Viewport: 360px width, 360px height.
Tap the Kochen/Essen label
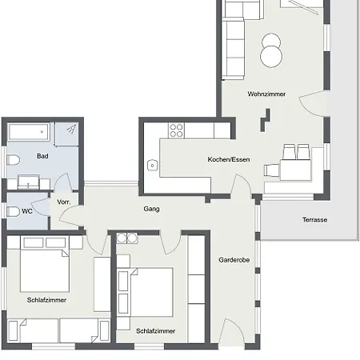point(229,159)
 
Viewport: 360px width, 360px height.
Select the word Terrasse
point(314,220)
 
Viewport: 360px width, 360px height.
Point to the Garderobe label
point(234,260)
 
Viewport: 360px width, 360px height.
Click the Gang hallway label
point(152,209)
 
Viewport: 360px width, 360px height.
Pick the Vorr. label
point(64,202)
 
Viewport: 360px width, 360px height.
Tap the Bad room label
point(42,156)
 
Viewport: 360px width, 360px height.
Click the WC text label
point(27,212)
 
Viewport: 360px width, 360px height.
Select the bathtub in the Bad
point(30,130)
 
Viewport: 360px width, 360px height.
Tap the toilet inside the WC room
point(12,212)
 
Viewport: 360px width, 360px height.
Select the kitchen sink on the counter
point(152,166)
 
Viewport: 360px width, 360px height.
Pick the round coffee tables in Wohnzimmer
point(271,50)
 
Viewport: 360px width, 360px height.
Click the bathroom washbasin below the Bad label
point(32,182)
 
